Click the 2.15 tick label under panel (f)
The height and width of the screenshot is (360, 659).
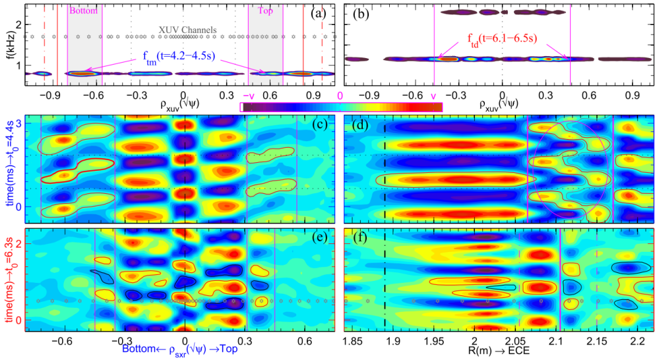click(x=596, y=342)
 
